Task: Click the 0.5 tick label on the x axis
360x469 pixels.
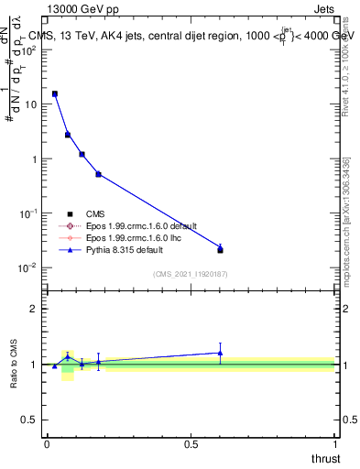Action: pos(190,444)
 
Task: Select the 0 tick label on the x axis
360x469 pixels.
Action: pos(47,444)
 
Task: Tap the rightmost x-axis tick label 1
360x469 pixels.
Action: pos(333,444)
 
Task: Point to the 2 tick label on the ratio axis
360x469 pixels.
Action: pos(34,309)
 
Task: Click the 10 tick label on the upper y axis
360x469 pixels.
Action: pos(30,104)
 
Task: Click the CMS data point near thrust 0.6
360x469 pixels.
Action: pos(220,249)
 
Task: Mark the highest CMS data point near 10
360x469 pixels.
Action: pos(55,93)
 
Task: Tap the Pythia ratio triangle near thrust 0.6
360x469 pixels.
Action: pos(220,353)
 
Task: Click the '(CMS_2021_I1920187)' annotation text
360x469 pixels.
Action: pos(191,274)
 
